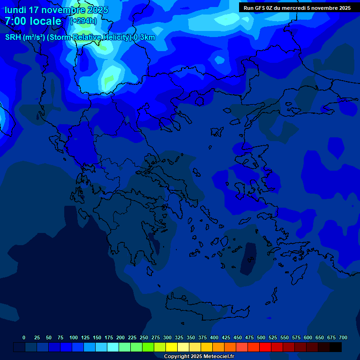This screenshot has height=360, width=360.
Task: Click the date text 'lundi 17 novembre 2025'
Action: [x=56, y=10]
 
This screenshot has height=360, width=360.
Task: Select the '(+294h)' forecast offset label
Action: [x=83, y=21]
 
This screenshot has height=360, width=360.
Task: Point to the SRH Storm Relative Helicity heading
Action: [x=80, y=37]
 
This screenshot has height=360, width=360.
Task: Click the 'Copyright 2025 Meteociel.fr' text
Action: [x=199, y=356]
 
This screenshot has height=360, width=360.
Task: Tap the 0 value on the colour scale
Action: [x=24, y=337]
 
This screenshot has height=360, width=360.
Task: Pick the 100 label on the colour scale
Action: [x=74, y=337]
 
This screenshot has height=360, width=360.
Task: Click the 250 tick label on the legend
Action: [x=144, y=337]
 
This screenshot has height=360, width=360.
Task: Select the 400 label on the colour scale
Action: [x=214, y=337]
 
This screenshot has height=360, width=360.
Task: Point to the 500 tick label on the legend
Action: [x=261, y=337]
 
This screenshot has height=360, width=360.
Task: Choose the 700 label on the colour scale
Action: [x=343, y=337]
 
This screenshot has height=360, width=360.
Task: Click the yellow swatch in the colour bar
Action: [x=172, y=347]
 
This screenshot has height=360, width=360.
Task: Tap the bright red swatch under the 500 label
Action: [x=265, y=347]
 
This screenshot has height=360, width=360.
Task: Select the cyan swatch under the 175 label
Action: [x=113, y=347]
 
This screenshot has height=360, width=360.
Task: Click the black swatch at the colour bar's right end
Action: [x=336, y=347]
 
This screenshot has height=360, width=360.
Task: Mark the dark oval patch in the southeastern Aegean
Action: [x=248, y=258]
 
